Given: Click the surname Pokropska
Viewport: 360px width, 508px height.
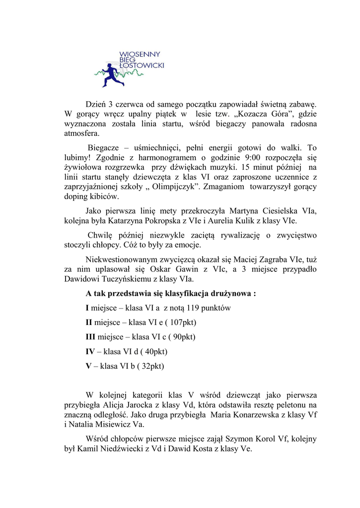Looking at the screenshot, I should click(170, 221).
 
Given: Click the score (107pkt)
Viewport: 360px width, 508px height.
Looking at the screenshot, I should click(182, 322).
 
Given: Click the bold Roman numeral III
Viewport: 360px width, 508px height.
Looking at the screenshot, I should click(90, 337).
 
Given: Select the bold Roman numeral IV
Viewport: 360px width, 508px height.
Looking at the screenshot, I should click(90, 352).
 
